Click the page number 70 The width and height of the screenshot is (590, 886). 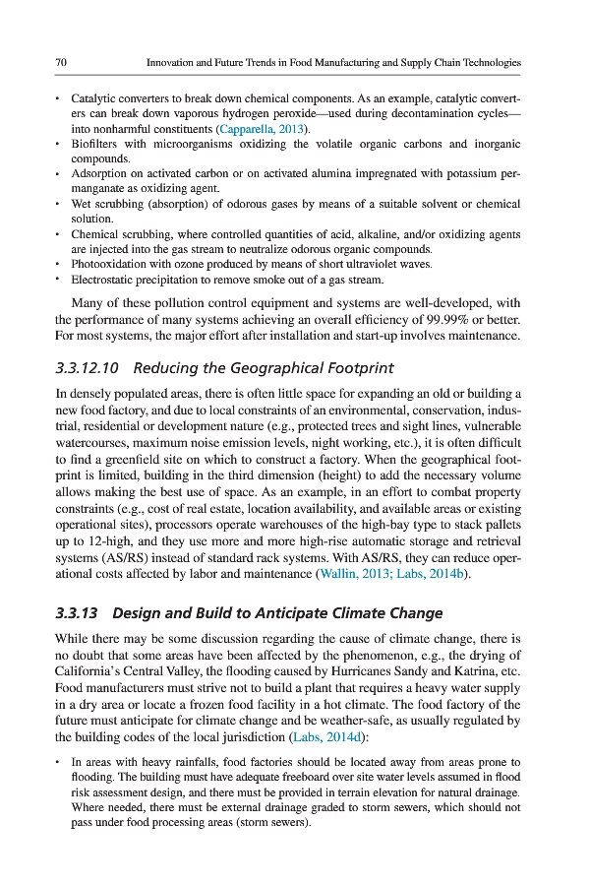(x=61, y=63)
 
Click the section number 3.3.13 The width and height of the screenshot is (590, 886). (x=77, y=613)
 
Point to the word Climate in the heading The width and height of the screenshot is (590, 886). (x=356, y=613)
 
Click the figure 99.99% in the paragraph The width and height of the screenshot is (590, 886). (x=452, y=321)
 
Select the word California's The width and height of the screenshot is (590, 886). (x=90, y=672)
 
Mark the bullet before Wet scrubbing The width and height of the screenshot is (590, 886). (x=59, y=204)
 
